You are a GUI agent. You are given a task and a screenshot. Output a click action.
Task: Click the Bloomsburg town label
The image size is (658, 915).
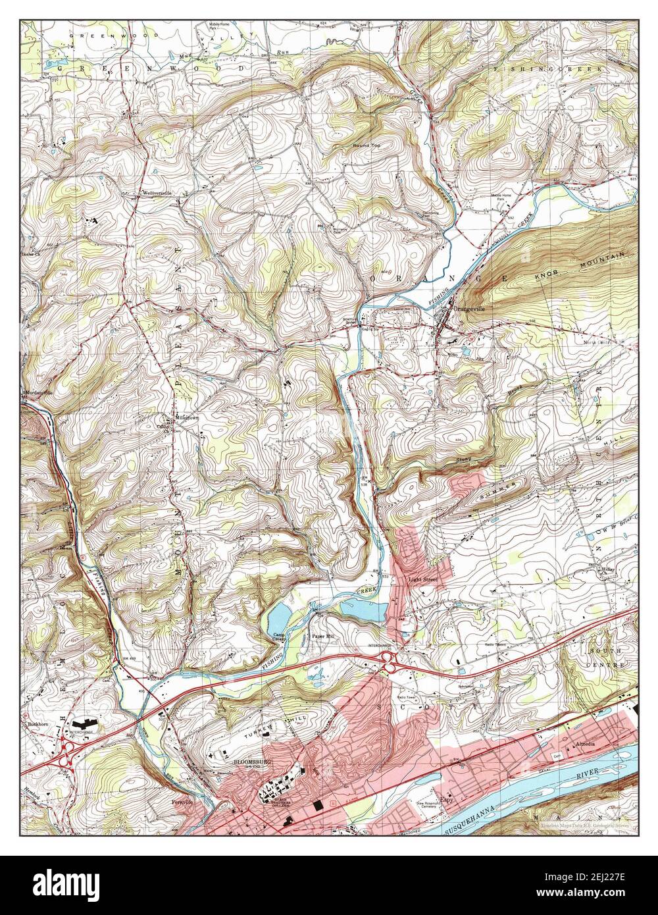pos(249,762)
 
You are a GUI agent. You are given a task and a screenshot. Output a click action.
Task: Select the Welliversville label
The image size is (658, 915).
pos(156,194)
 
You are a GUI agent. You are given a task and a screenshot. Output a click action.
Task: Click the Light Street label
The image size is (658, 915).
pos(422,580)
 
